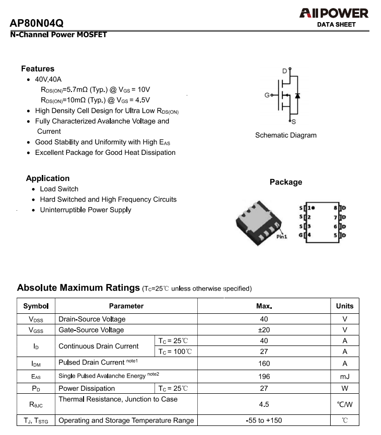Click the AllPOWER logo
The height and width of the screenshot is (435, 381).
point(334,14)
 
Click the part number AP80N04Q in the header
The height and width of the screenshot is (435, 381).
point(36,24)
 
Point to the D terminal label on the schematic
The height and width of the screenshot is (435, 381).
point(284,71)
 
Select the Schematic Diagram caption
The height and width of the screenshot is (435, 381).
point(286,135)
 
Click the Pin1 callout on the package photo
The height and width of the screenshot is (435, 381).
point(282,236)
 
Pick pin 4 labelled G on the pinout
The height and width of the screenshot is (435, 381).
point(305,235)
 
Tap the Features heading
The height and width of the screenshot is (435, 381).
point(38,69)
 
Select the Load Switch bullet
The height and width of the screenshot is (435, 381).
point(59,189)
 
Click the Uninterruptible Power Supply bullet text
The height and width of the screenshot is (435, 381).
point(86,210)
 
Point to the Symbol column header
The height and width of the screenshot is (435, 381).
point(36,306)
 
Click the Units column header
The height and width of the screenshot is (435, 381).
point(345,306)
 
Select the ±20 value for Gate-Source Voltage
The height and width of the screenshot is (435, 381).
point(264,330)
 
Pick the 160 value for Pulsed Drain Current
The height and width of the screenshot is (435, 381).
point(264,363)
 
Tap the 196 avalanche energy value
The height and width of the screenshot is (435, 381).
point(264,376)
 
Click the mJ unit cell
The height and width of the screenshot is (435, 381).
point(345,376)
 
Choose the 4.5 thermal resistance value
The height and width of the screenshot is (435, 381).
point(264,404)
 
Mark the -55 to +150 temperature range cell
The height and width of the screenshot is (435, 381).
point(264,420)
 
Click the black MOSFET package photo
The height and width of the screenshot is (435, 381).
point(257,222)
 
